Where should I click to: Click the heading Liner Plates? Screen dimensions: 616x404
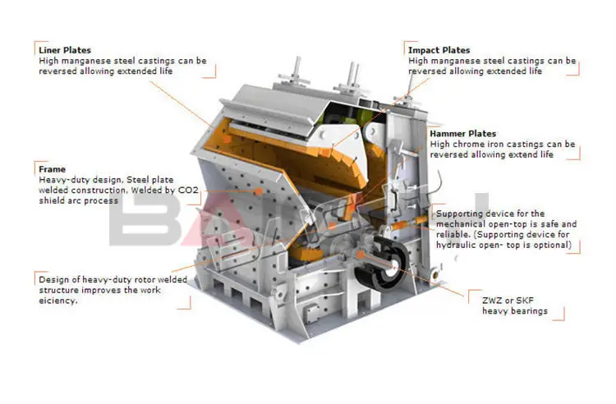[x=65, y=50]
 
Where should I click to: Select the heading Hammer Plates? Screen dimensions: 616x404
[x=463, y=133]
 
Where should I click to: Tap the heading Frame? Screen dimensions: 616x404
[x=52, y=169]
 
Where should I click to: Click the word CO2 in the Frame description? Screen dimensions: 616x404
[x=188, y=190]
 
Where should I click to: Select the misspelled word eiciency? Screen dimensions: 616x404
[x=57, y=301]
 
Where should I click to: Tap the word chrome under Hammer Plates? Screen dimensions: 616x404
[x=467, y=144]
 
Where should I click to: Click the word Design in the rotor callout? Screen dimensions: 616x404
[x=53, y=279]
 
